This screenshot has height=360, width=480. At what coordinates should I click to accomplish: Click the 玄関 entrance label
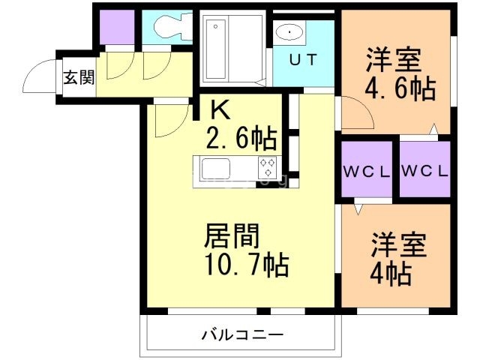click(x=78, y=76)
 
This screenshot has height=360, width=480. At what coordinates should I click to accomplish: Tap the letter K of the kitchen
click(x=219, y=110)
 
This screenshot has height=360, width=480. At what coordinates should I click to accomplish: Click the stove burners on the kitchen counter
click(x=268, y=166)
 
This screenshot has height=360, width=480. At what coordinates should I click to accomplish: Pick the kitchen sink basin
click(x=218, y=166)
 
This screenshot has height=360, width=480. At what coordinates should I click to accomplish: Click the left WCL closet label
click(x=367, y=171)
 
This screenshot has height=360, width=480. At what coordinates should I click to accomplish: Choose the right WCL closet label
click(x=424, y=171)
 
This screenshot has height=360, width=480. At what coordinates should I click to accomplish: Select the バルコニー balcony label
click(x=241, y=334)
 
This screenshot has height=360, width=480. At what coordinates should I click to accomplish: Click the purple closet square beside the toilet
click(x=115, y=28)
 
